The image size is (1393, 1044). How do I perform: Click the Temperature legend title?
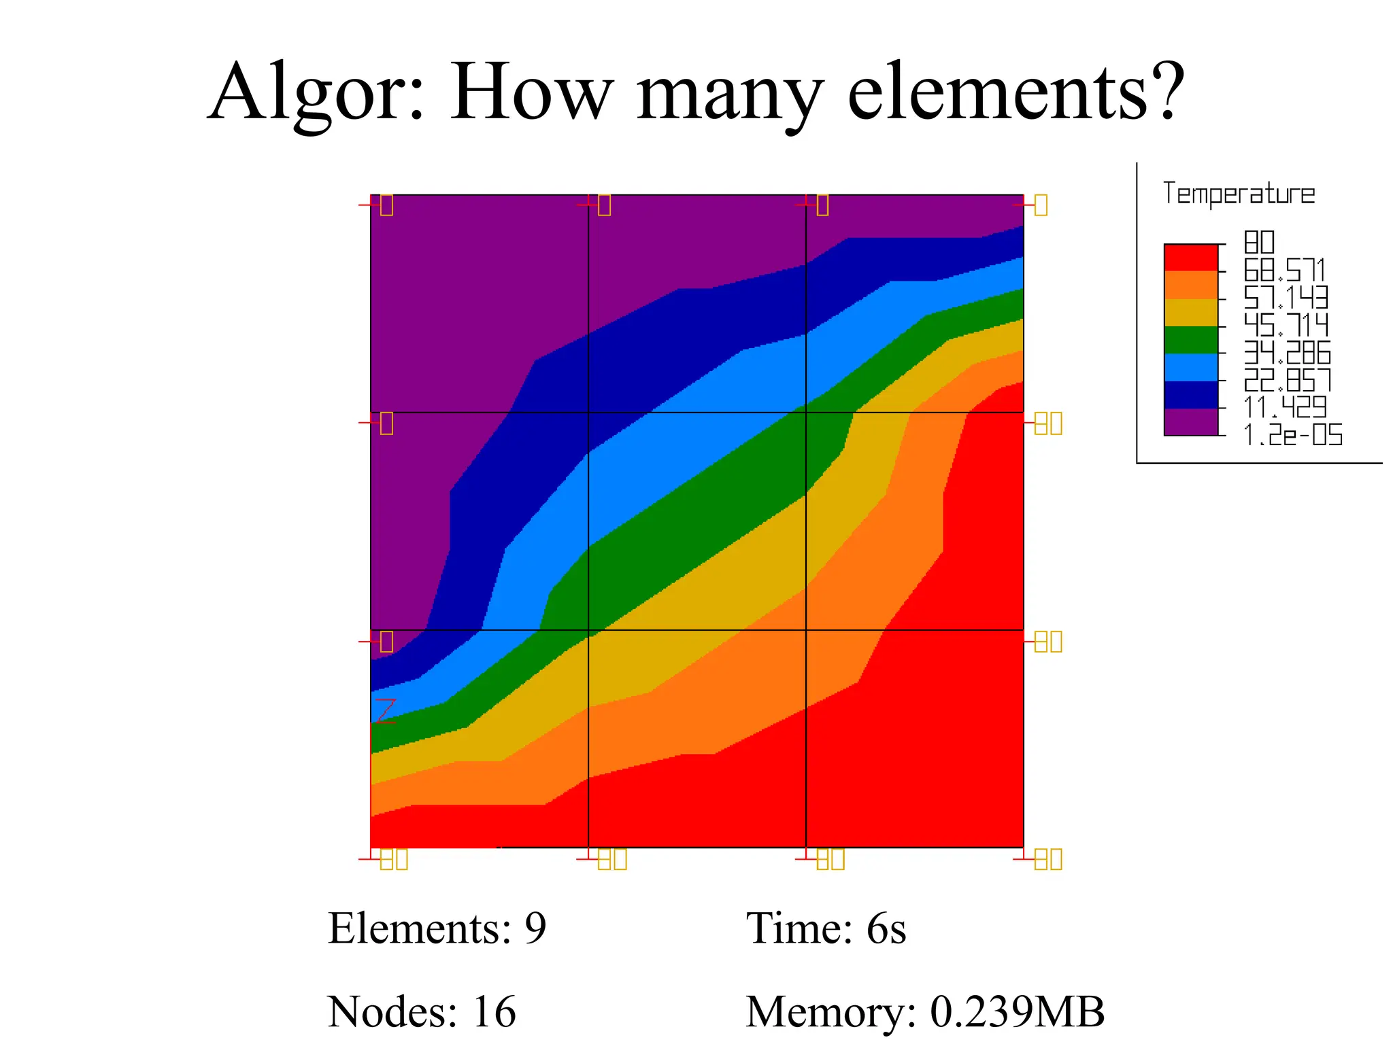[1239, 194]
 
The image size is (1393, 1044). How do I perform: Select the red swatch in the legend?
[1190, 258]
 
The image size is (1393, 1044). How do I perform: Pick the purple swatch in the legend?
[1190, 421]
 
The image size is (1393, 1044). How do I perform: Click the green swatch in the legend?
[1190, 340]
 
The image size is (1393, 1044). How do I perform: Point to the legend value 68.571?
[1284, 271]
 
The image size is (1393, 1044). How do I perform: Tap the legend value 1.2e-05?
[1293, 435]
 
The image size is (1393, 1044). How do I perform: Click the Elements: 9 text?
[437, 928]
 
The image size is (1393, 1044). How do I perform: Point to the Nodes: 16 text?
[422, 1011]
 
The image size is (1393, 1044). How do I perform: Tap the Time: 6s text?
[826, 928]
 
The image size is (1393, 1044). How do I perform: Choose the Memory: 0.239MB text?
[925, 1011]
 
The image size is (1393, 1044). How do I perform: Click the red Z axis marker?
[386, 711]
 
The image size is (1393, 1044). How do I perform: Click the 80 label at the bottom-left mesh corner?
[394, 859]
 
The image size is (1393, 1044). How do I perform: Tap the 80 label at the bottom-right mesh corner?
[1048, 859]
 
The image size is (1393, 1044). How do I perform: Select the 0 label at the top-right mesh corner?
[1041, 205]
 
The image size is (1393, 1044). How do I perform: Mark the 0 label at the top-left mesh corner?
[386, 205]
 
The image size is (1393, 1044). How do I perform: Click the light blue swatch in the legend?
[1190, 367]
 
